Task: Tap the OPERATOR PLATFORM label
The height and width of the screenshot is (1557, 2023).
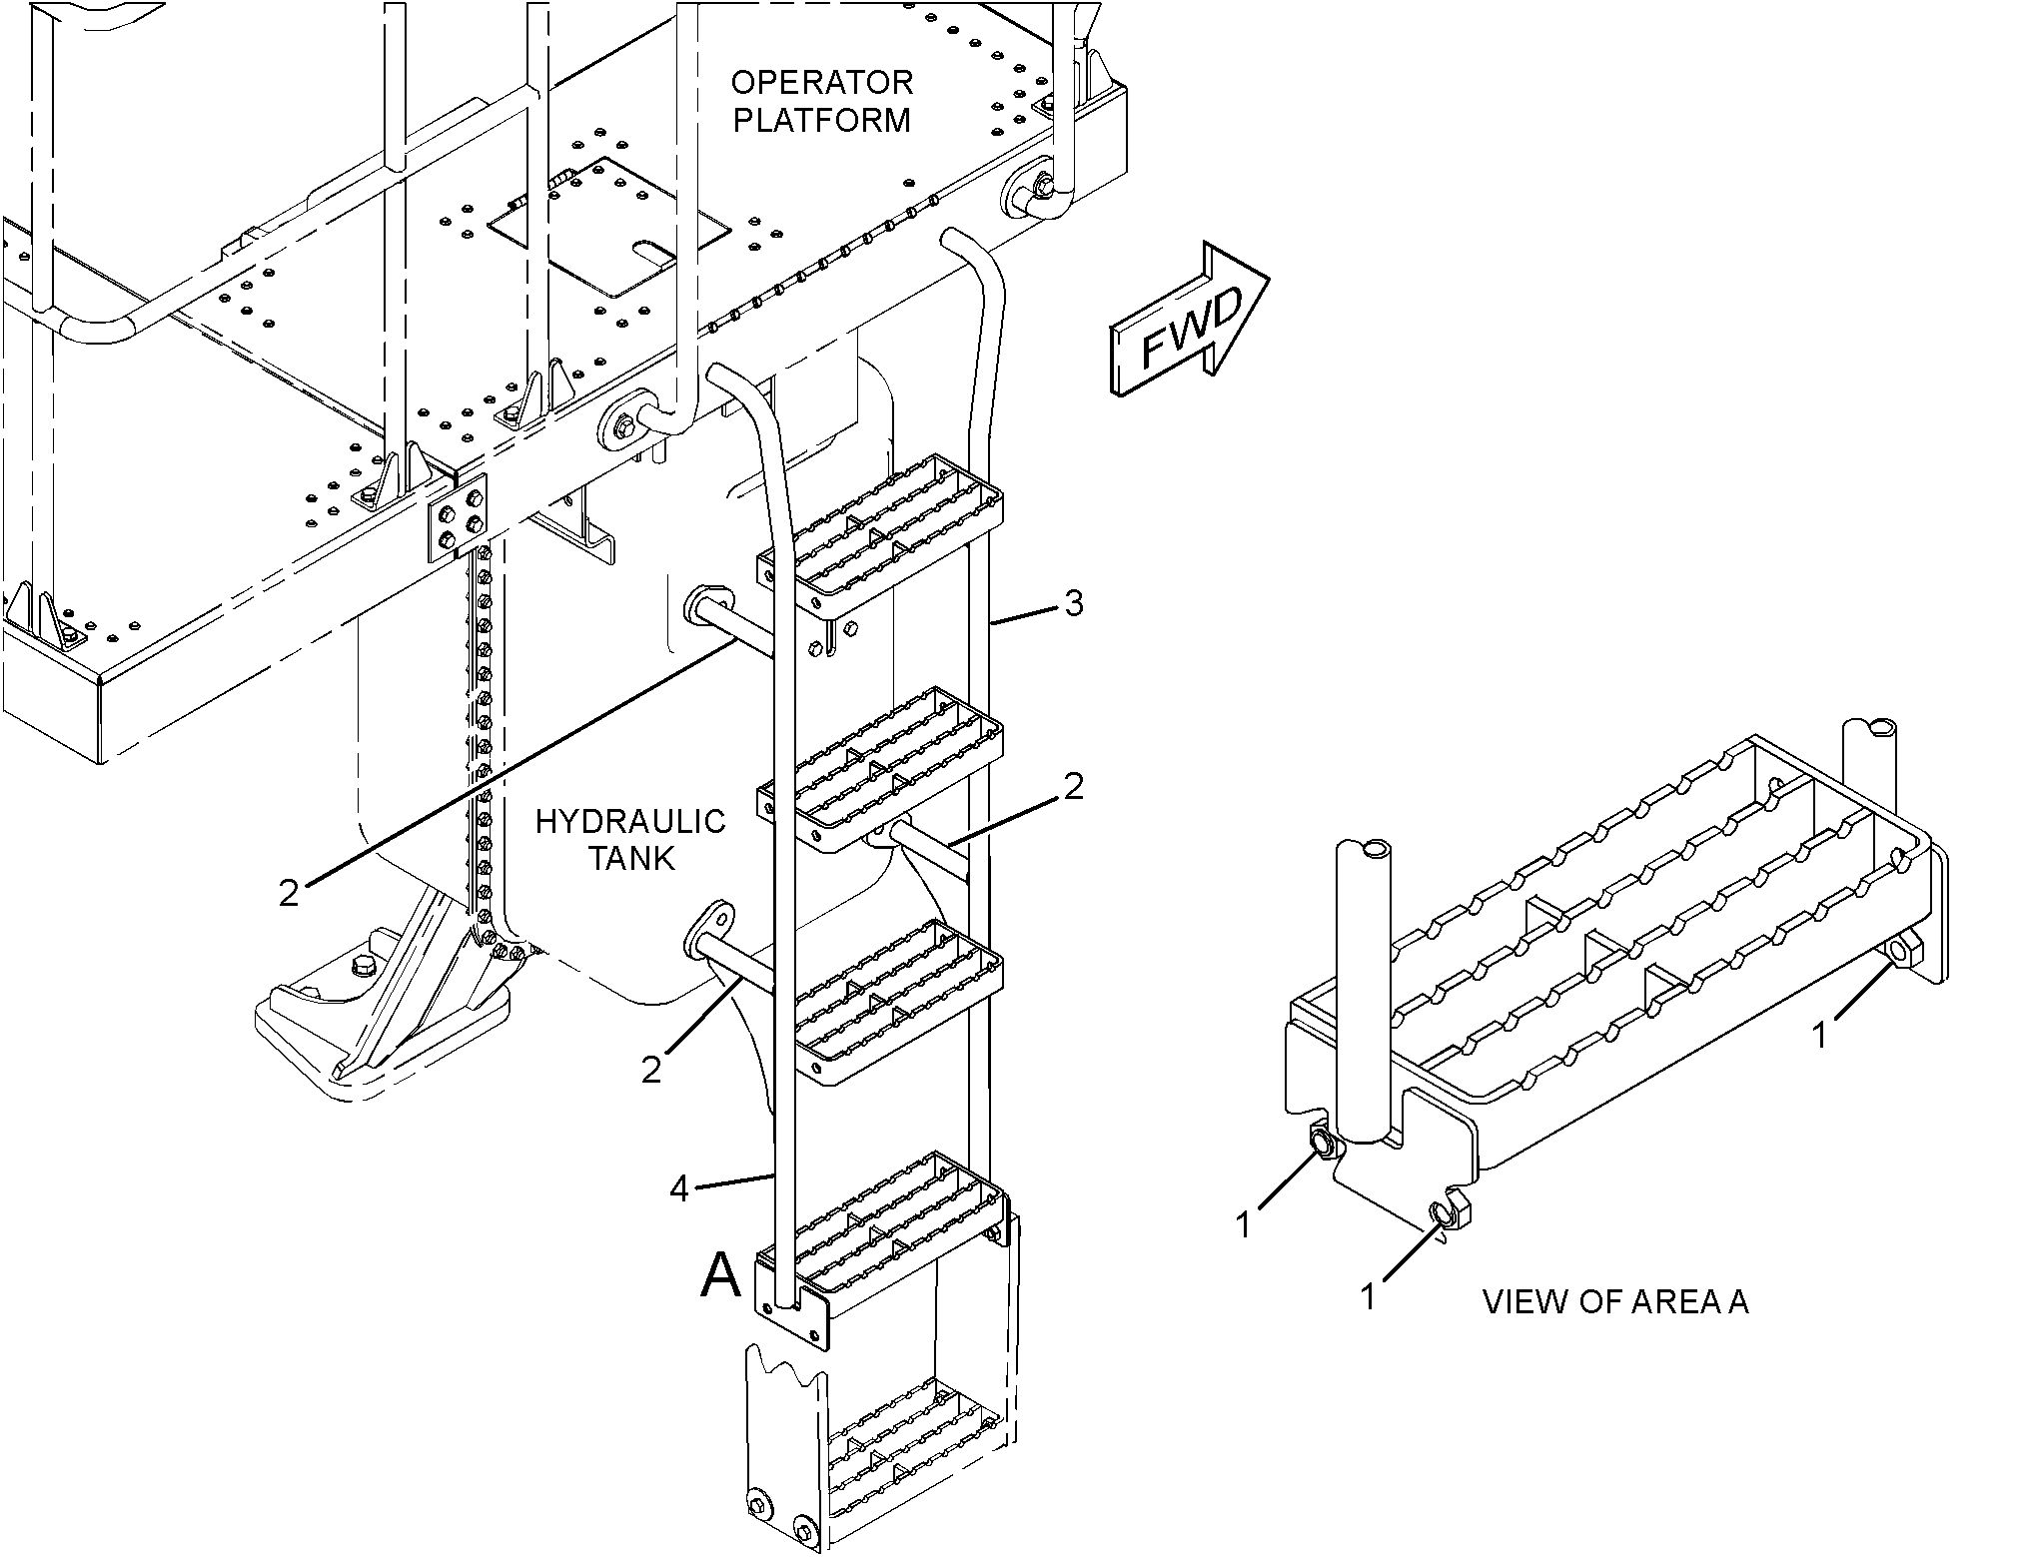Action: [822, 101]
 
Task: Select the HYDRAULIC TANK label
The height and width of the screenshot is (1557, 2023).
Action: [629, 839]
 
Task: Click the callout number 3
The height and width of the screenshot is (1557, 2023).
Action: [1073, 603]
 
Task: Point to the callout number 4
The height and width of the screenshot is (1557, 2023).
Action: [679, 1188]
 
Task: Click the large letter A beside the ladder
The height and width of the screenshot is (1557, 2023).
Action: [721, 1275]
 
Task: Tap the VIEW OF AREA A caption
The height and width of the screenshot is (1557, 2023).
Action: [1614, 1302]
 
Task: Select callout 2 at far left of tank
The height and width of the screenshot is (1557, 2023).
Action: [289, 893]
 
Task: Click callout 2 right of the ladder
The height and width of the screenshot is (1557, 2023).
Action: [1073, 787]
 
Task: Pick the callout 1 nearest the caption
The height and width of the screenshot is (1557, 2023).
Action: [1369, 1295]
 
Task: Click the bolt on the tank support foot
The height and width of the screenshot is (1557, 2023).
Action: [361, 966]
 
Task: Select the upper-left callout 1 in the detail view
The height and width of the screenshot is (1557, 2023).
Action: [1244, 1223]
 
